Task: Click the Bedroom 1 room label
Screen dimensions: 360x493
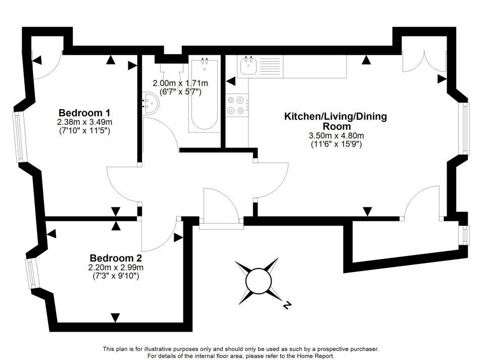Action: click(x=84, y=112)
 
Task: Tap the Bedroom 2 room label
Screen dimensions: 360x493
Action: click(x=115, y=257)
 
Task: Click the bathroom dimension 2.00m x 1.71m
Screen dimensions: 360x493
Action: click(x=180, y=83)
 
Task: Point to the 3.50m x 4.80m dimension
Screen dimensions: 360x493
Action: click(x=336, y=136)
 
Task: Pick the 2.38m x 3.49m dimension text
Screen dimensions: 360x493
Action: click(x=84, y=122)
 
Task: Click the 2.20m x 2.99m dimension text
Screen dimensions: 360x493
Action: click(x=115, y=267)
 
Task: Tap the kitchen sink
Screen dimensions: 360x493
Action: click(x=249, y=66)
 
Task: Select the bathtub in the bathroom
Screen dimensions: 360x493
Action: click(x=205, y=95)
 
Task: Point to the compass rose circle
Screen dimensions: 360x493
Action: click(x=258, y=280)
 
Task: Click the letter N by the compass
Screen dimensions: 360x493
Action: click(x=287, y=305)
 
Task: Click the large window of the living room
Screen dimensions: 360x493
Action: click(x=464, y=128)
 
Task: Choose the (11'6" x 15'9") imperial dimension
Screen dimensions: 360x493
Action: click(x=336, y=144)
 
